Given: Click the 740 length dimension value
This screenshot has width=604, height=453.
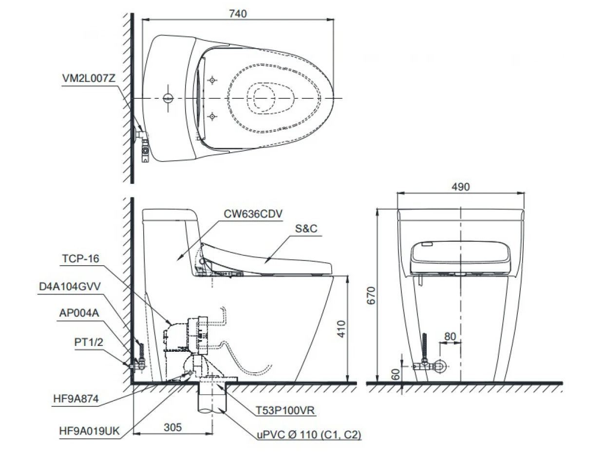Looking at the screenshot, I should tap(238, 14).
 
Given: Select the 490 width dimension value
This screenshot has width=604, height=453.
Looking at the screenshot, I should tap(460, 187).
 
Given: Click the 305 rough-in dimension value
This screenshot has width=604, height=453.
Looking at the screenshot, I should tap(172, 427).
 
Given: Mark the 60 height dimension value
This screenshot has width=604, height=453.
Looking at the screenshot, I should tap(396, 374).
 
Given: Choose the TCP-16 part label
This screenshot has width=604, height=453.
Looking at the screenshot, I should tap(80, 259).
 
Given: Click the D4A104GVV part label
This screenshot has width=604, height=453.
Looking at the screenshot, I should tap(70, 287).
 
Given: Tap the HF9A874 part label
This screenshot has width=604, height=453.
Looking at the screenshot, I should tap(76, 399).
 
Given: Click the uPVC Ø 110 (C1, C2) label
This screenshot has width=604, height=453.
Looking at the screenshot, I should tap(309, 435).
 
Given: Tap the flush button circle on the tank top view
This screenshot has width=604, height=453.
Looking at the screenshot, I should tap(168, 98).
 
